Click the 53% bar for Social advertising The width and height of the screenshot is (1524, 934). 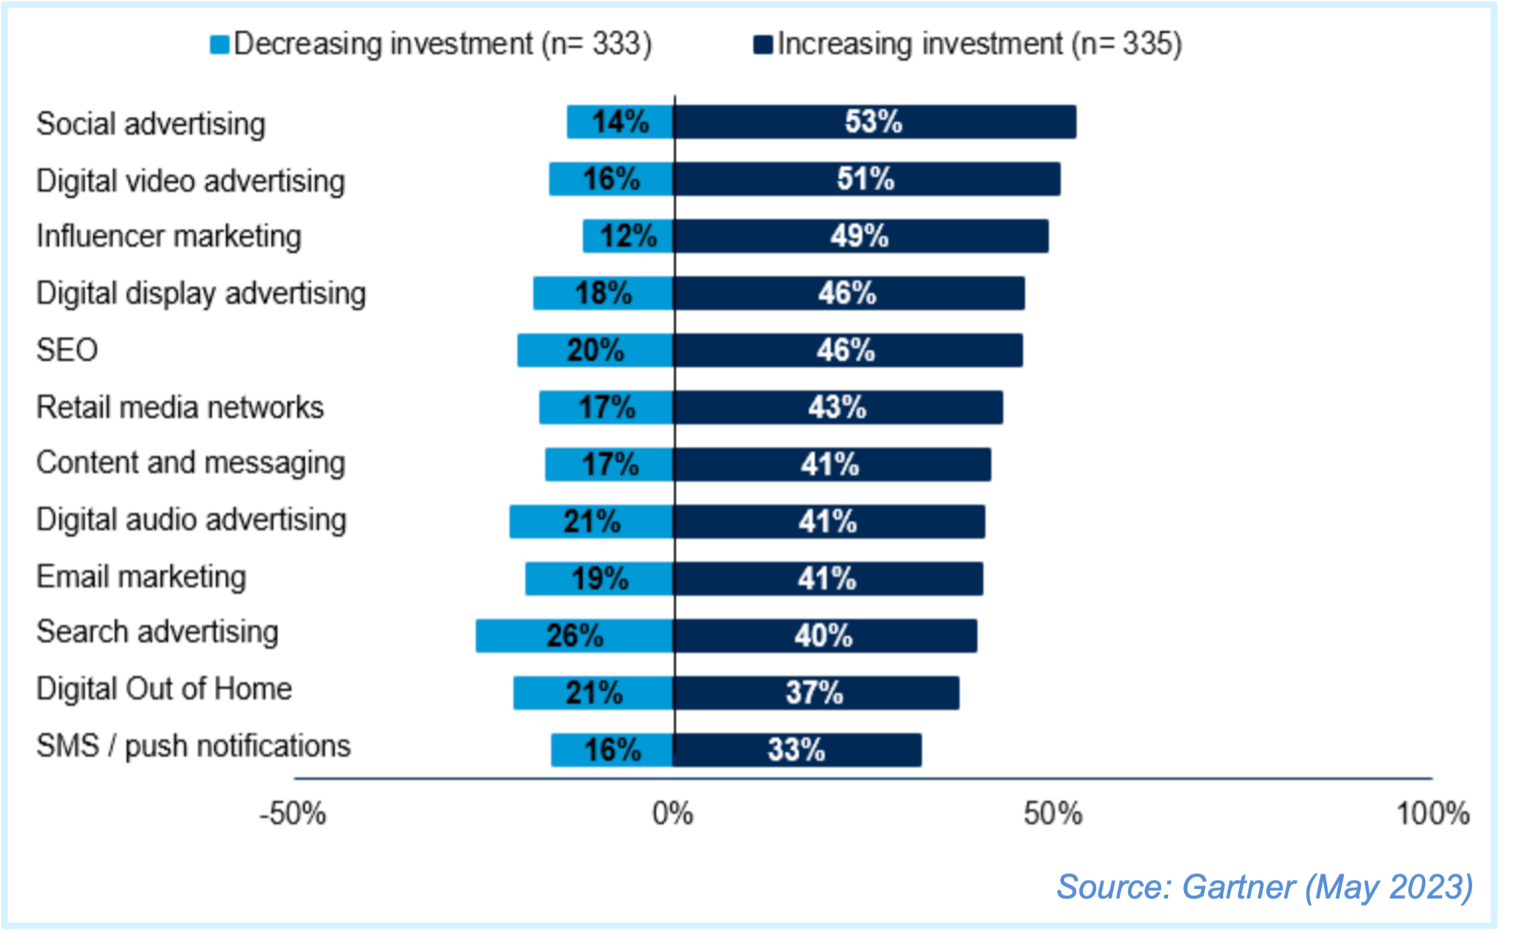[875, 122]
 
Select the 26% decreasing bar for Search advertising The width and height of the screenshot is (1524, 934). [574, 636]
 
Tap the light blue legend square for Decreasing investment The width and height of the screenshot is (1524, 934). [219, 45]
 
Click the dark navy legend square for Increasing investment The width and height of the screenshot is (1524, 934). [763, 45]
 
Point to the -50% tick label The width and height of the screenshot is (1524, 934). [292, 815]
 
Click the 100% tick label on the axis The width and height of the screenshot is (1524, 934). [1432, 815]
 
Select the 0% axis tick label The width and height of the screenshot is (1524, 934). [673, 815]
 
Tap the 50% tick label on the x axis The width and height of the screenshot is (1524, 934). [1053, 815]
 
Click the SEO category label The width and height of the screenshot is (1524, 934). [67, 350]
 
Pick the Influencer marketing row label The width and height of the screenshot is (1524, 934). [169, 237]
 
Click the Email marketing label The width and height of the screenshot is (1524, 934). [141, 577]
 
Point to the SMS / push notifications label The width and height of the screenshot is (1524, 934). [193, 746]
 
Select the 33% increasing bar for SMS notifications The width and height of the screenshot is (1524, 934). [797, 750]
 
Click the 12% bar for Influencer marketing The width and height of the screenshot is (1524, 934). [628, 236]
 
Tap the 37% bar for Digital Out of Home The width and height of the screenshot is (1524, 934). [815, 693]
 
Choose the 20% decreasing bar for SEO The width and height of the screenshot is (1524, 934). [595, 350]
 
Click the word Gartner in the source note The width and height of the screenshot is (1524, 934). [1238, 887]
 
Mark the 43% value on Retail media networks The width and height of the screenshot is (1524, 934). [837, 408]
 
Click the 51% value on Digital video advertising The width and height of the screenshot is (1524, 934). [866, 179]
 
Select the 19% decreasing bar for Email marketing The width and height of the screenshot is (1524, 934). [599, 579]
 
